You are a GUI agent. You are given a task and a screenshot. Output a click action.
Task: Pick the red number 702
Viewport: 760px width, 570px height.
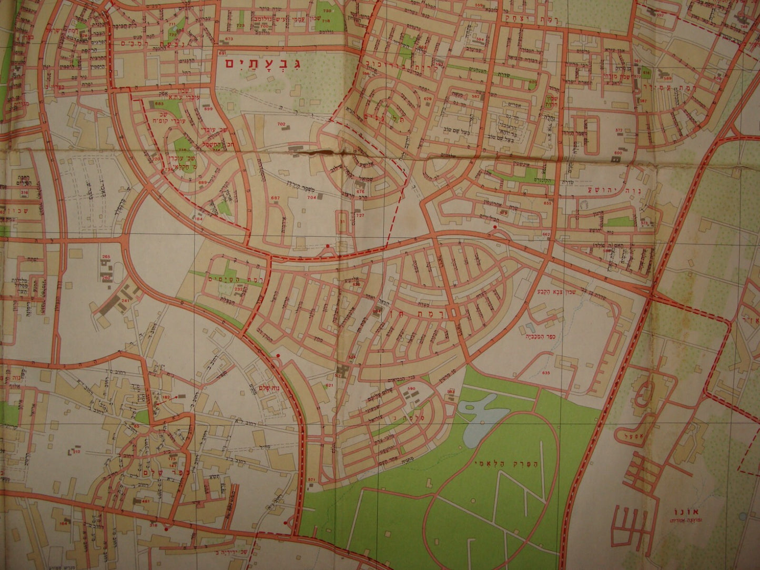pyautogui.click(x=281, y=124)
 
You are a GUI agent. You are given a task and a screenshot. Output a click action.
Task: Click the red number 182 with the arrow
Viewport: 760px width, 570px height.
pyautogui.click(x=167, y=396)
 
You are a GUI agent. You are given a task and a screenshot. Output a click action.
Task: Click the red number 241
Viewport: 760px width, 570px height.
pyautogui.click(x=125, y=300)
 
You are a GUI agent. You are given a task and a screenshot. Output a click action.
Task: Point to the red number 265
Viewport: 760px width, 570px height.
pyautogui.click(x=106, y=256)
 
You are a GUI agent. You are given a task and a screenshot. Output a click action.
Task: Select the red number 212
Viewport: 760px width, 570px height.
pyautogui.click(x=76, y=452)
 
